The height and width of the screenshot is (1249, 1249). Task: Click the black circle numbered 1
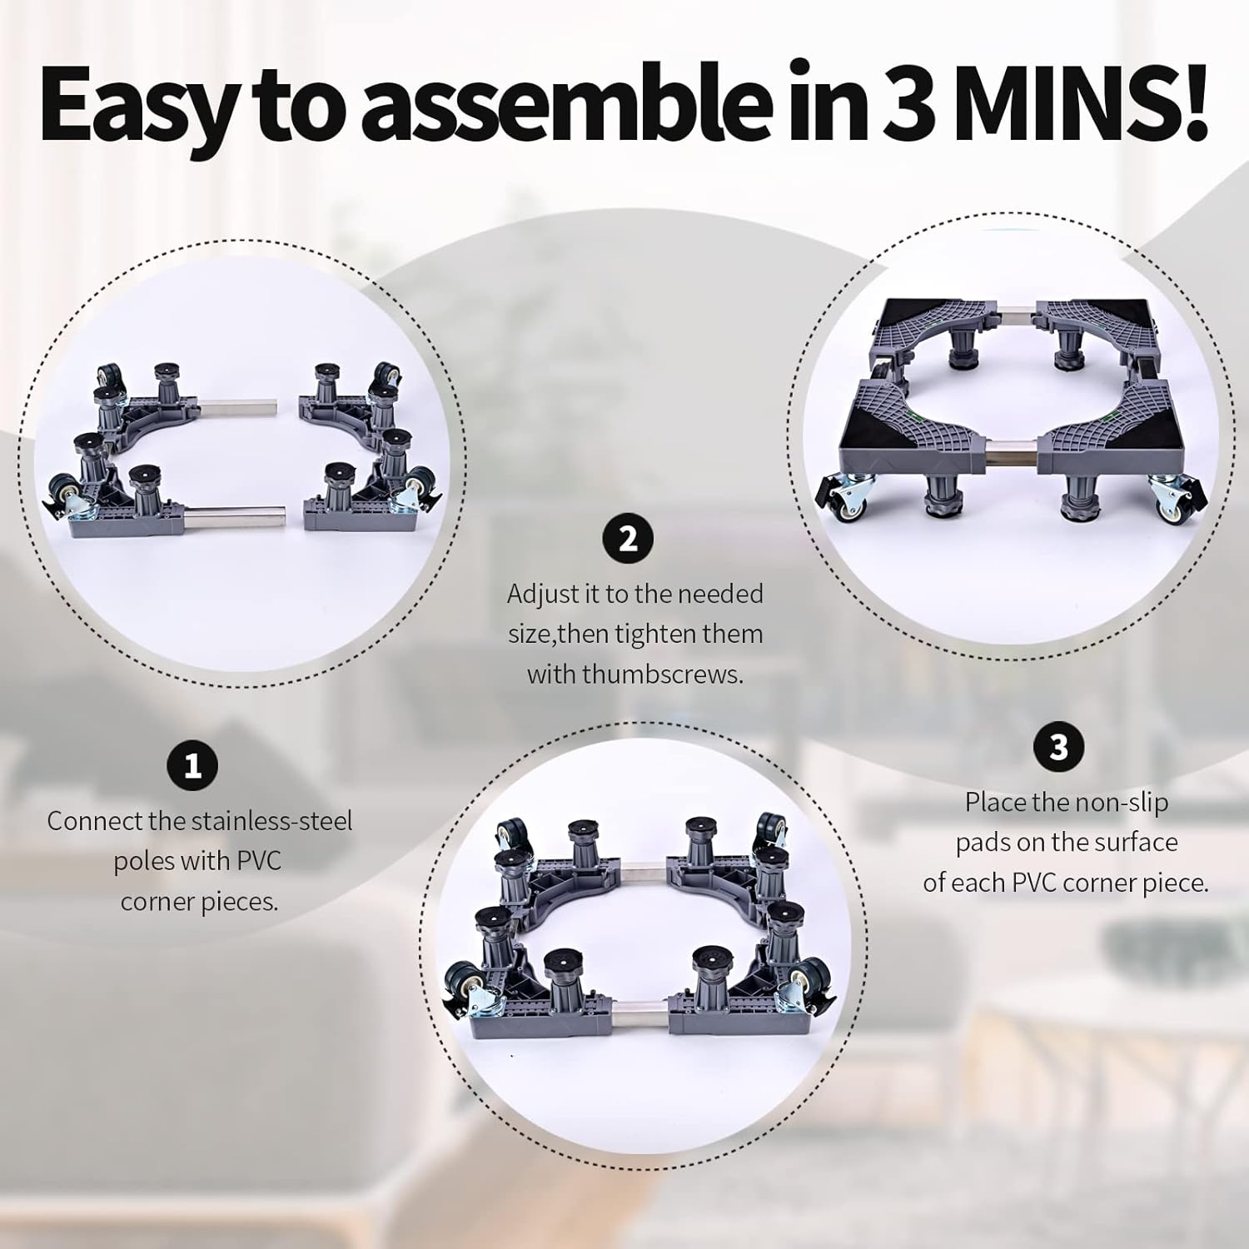pyautogui.click(x=192, y=764)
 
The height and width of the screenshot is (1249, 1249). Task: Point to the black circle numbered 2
pyautogui.click(x=628, y=539)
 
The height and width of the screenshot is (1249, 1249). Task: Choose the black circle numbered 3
pyautogui.click(x=1058, y=747)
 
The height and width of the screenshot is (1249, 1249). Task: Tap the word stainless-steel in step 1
pyautogui.click(x=272, y=821)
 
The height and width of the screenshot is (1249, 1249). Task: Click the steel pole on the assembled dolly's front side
pyautogui.click(x=1010, y=456)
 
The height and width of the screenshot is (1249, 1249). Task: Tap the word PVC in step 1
pyautogui.click(x=260, y=861)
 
